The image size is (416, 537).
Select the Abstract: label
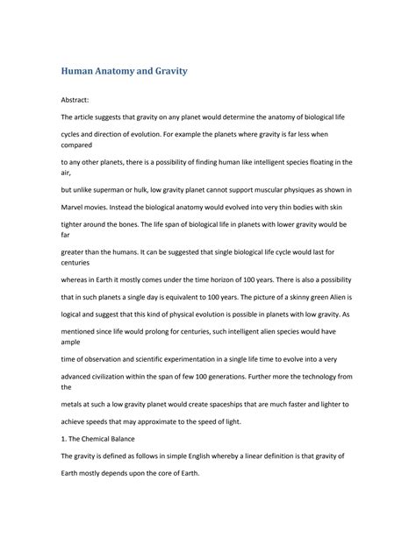pyautogui.click(x=78, y=102)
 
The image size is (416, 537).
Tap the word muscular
pyautogui.click(x=276, y=189)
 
